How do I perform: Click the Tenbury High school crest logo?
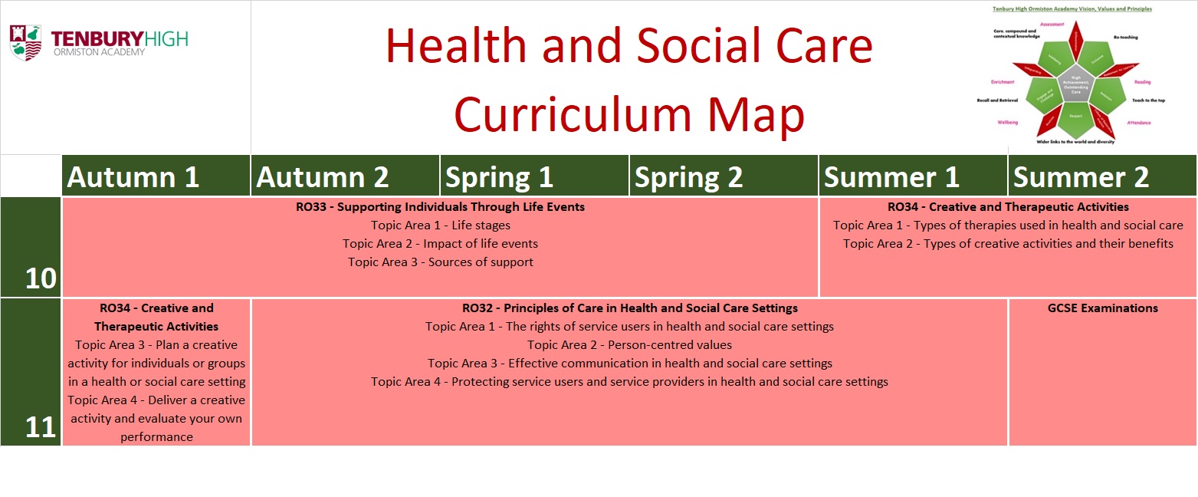25,42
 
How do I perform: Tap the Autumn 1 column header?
133,177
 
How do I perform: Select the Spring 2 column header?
688,177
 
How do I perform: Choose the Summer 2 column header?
1081,177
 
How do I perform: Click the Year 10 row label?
41,278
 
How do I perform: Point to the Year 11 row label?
41,427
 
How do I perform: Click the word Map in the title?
756,114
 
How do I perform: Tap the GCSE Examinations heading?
1102,308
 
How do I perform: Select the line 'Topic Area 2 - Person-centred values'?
629,345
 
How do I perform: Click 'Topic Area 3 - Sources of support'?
440,262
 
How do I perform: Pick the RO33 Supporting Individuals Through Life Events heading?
440,207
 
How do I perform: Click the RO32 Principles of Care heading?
629,308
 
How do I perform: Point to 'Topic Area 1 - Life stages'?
440,225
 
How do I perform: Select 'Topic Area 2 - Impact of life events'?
440,244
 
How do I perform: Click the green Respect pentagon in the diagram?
1075,117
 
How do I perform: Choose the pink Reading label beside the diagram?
1142,81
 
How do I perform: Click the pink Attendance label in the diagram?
1138,123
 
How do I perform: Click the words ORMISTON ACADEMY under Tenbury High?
97,52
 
